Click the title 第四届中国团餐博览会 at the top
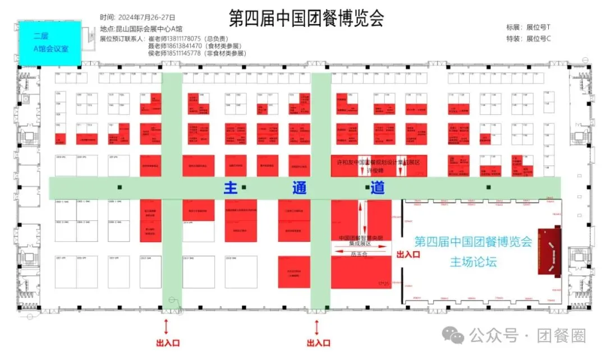click(306, 19)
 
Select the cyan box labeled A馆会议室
click(50, 43)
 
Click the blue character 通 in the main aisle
click(299, 188)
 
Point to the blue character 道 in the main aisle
click(377, 188)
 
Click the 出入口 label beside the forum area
click(408, 255)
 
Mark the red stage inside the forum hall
click(550, 251)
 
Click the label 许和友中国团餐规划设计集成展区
click(378, 162)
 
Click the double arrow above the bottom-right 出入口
click(318, 326)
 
